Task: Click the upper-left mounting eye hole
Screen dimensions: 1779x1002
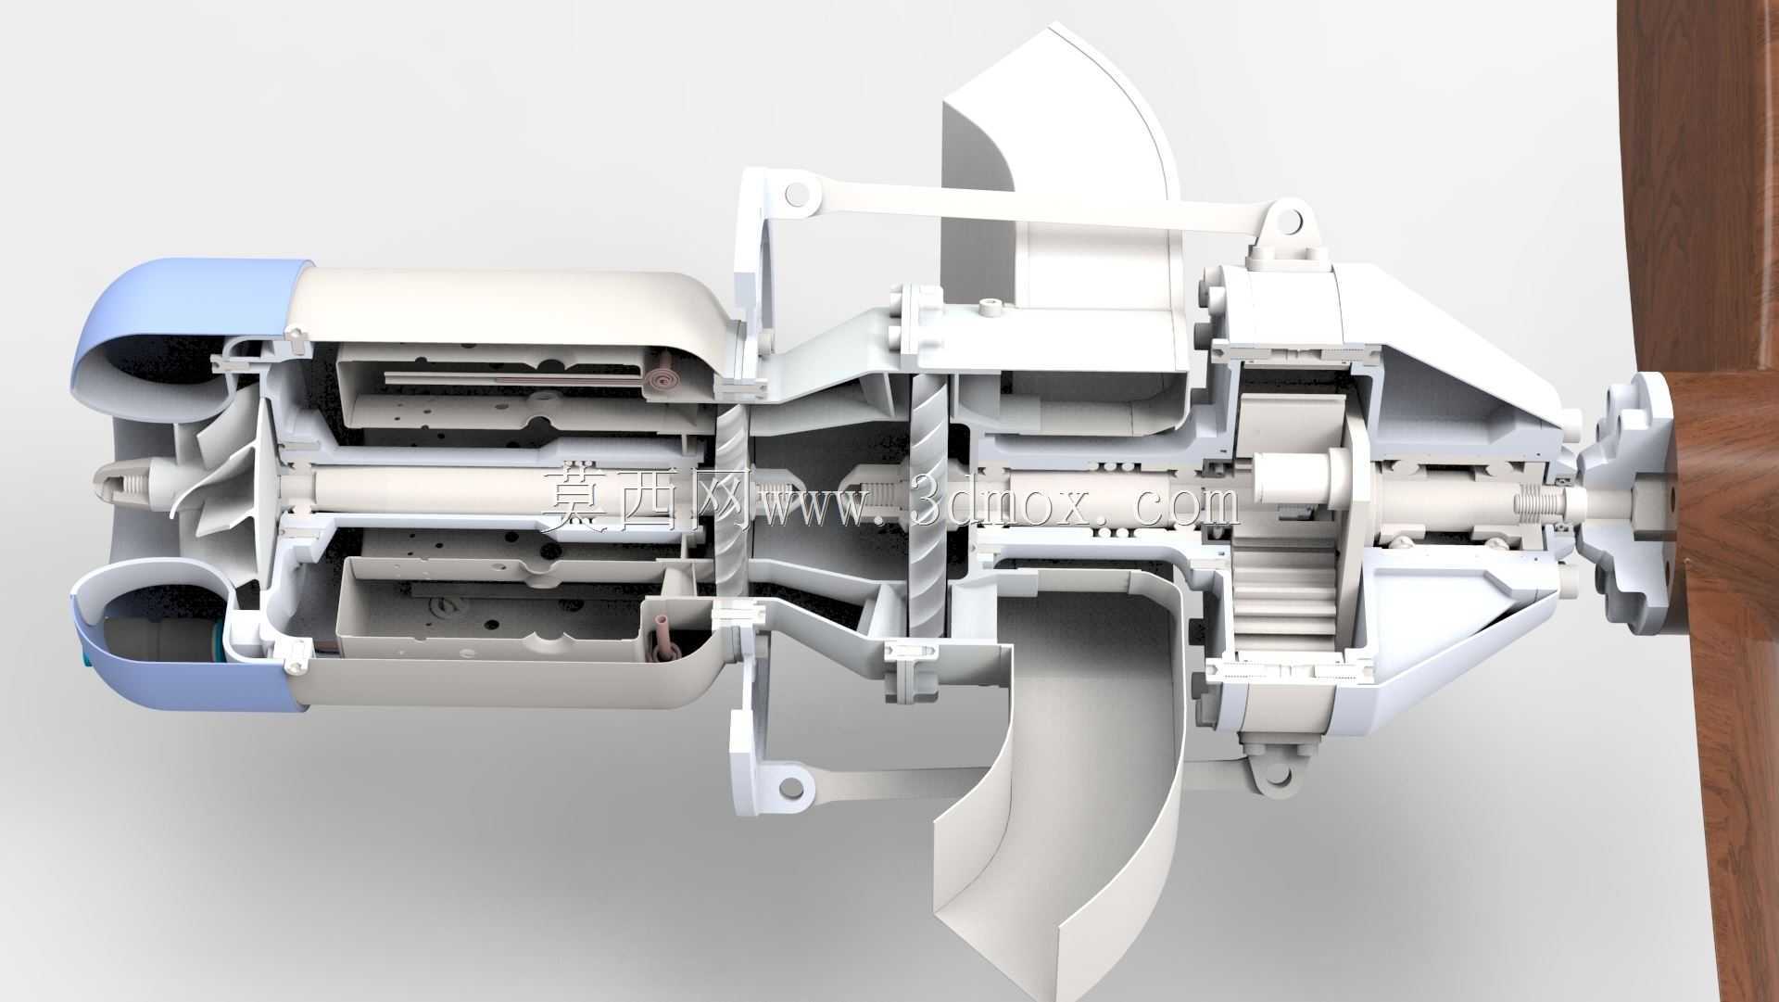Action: coord(794,196)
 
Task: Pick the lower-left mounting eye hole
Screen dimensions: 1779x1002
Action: coord(790,788)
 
